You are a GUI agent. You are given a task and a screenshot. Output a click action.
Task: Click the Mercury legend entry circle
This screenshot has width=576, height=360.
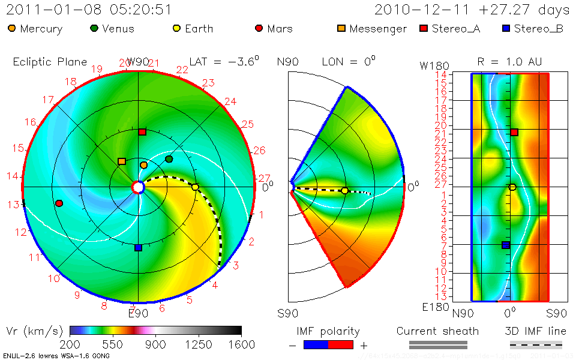(x=12, y=28)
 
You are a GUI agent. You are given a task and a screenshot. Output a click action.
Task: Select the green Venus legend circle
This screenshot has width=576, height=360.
(x=94, y=28)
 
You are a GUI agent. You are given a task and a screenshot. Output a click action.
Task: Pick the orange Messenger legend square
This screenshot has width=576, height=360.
(x=341, y=28)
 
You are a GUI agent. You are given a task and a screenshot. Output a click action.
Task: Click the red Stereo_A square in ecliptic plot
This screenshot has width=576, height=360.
(x=142, y=131)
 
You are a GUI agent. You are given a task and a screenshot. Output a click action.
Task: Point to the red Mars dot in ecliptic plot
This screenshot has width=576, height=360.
(x=59, y=203)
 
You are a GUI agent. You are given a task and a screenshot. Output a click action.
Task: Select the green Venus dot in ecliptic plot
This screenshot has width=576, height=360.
(x=169, y=159)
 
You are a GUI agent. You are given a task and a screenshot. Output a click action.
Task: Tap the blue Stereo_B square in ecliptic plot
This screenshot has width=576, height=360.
(x=138, y=247)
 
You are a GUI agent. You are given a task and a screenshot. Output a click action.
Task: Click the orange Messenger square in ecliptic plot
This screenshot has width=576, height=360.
(x=122, y=161)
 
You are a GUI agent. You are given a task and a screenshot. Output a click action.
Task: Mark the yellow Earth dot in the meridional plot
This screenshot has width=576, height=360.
(x=344, y=191)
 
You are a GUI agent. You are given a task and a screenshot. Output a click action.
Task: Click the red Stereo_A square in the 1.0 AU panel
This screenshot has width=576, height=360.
(x=514, y=132)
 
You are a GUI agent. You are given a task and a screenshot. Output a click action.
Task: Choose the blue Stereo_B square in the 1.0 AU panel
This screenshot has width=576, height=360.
(x=505, y=245)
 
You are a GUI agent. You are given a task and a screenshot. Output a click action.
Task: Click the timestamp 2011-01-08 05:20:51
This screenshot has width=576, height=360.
(x=89, y=10)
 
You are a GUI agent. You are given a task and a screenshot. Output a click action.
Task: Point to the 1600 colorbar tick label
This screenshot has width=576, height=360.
(x=241, y=344)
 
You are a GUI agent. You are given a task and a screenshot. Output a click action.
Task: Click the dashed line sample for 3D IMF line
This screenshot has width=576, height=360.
(x=536, y=344)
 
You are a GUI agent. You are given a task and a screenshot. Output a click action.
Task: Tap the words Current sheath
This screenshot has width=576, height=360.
(x=437, y=331)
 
